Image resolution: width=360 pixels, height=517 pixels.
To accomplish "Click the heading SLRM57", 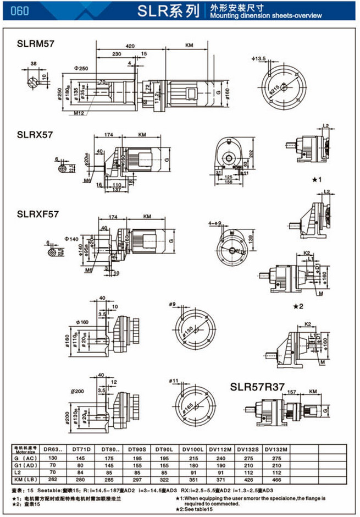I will pyautogui.click(x=35, y=42).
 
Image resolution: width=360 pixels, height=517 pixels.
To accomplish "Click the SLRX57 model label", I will pyautogui.click(x=34, y=134).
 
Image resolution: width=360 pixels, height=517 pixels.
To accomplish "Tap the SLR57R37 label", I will pyautogui.click(x=257, y=387).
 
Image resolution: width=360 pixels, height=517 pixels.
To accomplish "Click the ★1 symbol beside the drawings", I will pyautogui.click(x=318, y=179).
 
